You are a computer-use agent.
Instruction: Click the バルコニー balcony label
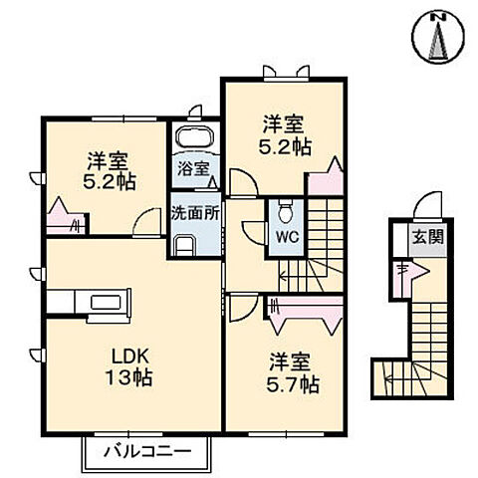[x=143, y=451]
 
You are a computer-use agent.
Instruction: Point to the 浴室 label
[x=193, y=168]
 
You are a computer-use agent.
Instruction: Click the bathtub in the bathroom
[x=193, y=138]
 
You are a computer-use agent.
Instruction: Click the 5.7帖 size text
[x=296, y=383]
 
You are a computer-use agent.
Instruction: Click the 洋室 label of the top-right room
[x=282, y=124]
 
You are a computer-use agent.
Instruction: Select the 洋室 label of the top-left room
[x=107, y=159]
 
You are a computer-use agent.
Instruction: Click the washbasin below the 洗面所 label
[x=185, y=244]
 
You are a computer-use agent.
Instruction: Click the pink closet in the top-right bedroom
[x=325, y=180]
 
